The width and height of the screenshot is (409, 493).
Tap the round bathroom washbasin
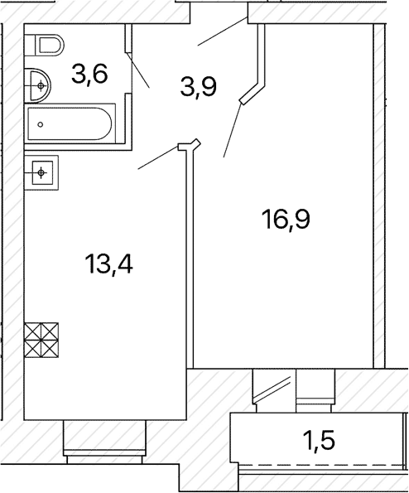click(38, 85)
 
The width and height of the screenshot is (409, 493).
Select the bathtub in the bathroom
click(70, 124)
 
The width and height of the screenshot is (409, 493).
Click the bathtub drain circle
click(41, 124)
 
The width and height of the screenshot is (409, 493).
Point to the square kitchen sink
click(41, 172)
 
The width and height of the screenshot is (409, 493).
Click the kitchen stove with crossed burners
click(41, 340)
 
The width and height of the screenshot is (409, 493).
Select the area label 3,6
click(90, 75)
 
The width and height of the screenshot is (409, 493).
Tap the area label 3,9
click(199, 87)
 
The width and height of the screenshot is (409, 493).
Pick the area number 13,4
click(108, 264)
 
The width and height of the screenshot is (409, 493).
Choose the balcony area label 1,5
click(319, 440)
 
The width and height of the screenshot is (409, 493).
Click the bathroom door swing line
click(137, 70)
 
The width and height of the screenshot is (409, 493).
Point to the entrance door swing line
click(223, 31)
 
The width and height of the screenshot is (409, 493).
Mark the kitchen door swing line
click(158, 157)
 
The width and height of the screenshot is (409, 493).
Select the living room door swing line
click(233, 130)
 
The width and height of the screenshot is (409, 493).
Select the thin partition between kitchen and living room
click(190, 258)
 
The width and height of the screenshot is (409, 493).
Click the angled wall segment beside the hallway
click(253, 94)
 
